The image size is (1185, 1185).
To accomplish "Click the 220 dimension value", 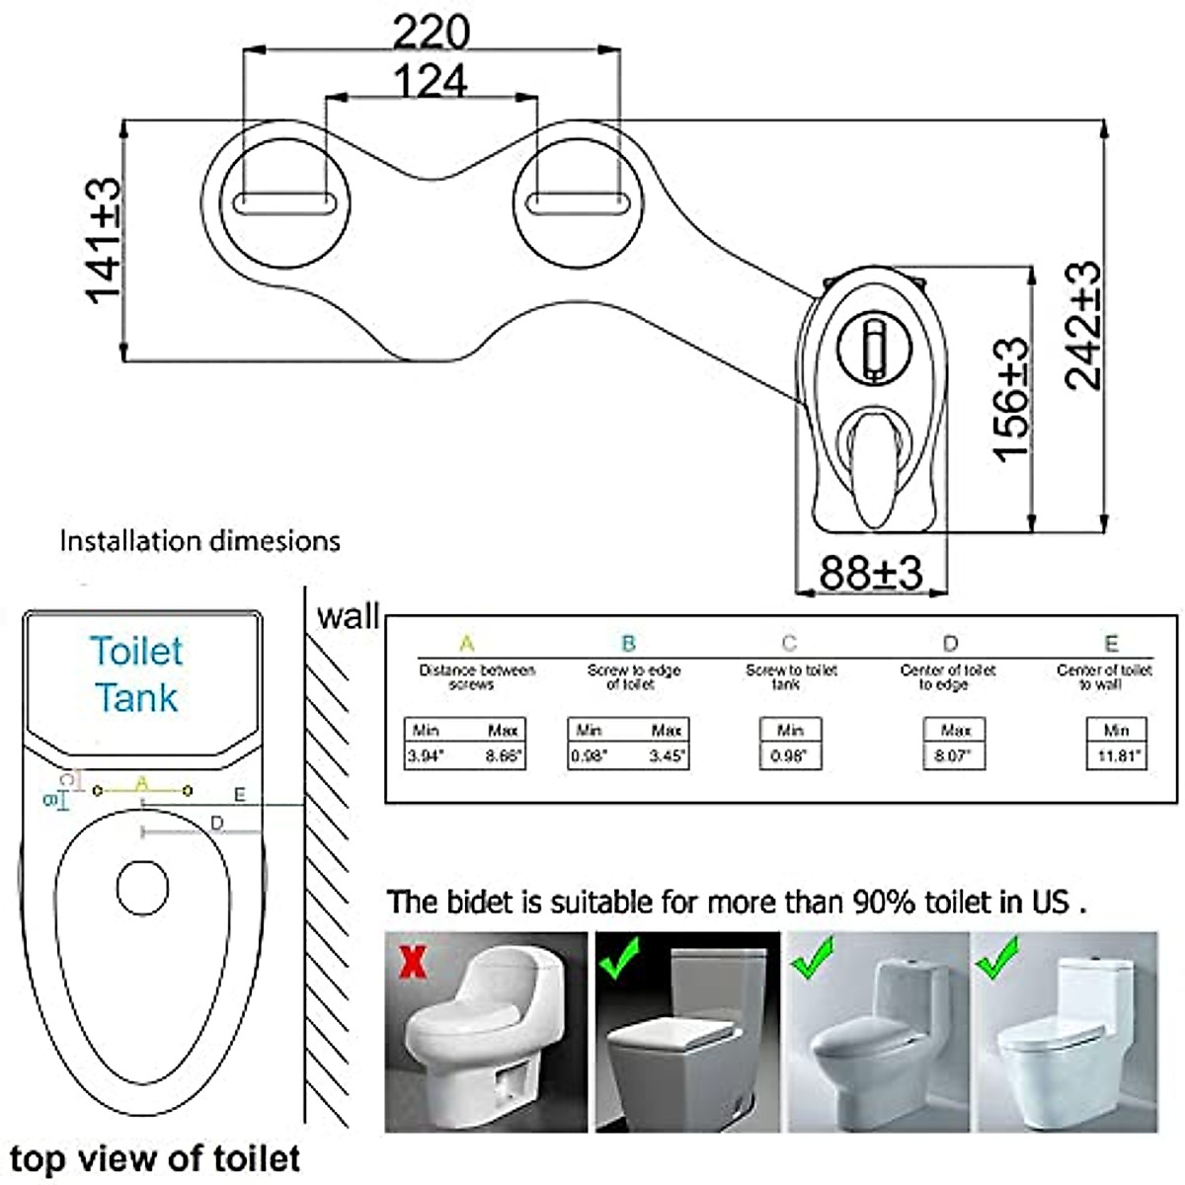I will click(x=431, y=32).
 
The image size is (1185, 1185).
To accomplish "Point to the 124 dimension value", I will click(x=431, y=81).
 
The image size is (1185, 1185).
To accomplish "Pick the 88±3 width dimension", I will click(x=870, y=573).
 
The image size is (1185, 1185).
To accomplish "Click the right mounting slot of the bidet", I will click(x=576, y=202).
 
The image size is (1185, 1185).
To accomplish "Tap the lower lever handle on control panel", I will click(x=874, y=464).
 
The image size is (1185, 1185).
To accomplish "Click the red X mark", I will click(x=413, y=960).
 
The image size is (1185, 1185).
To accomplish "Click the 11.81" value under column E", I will click(x=1116, y=756).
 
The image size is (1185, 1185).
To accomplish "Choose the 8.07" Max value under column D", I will click(x=954, y=756).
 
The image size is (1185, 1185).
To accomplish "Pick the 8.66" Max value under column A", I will click(x=504, y=756).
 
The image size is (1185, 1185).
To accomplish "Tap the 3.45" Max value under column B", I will click(x=668, y=756).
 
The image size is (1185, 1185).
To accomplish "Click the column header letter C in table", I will click(x=788, y=644).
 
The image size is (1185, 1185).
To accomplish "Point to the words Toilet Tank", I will click(x=136, y=673).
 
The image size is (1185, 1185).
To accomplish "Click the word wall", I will click(x=348, y=616).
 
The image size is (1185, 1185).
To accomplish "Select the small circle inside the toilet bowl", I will click(x=142, y=886).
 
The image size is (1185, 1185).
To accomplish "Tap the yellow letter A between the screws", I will click(x=142, y=782).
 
